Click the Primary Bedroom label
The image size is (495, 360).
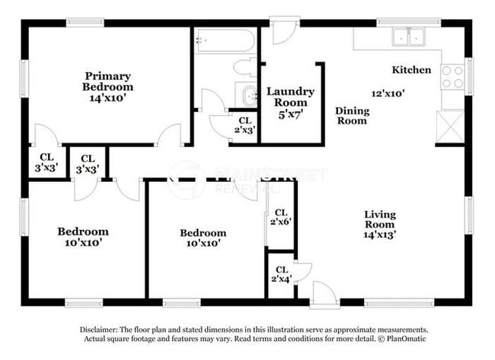(x=107, y=81)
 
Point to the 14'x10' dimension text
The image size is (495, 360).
(x=107, y=98)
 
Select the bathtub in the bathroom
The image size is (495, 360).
(x=224, y=40)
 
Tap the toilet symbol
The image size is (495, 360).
(x=246, y=65)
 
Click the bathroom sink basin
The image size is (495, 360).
(x=248, y=96)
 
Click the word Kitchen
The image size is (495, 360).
(x=411, y=70)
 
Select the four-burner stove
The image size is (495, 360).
(x=452, y=76)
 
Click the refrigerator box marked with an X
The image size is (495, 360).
(x=450, y=126)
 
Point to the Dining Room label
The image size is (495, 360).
(x=352, y=116)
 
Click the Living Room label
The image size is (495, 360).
(x=378, y=219)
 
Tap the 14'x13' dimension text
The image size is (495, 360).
(x=378, y=235)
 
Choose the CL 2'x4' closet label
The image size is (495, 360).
(x=281, y=274)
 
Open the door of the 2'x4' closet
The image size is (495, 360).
(x=303, y=271)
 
